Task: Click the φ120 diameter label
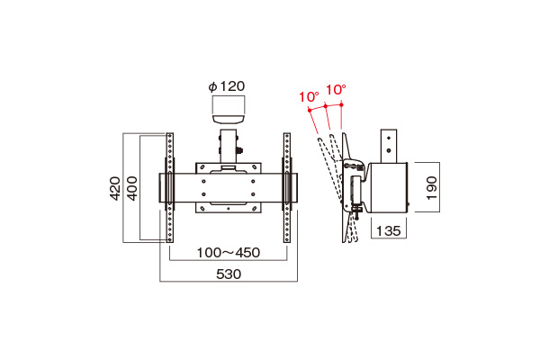[x=227, y=86]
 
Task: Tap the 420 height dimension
[x=115, y=188]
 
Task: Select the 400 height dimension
[x=132, y=188]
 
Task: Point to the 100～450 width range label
[x=229, y=253]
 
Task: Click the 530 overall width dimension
[x=229, y=274]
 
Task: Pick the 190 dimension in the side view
[x=431, y=188]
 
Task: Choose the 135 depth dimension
[x=389, y=230]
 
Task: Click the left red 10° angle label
[x=308, y=97]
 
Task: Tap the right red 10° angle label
[x=336, y=90]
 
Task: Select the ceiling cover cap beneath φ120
[x=228, y=120]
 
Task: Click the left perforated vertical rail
[x=170, y=188]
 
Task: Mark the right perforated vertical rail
[x=287, y=188]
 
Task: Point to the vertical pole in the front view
[x=229, y=147]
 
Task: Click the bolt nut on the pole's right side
[x=239, y=151]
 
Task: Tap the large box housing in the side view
[x=387, y=188]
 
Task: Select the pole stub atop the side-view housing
[x=389, y=146]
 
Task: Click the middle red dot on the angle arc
[x=326, y=106]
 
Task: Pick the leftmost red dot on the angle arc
[x=310, y=110]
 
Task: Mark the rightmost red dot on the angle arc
[x=341, y=104]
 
